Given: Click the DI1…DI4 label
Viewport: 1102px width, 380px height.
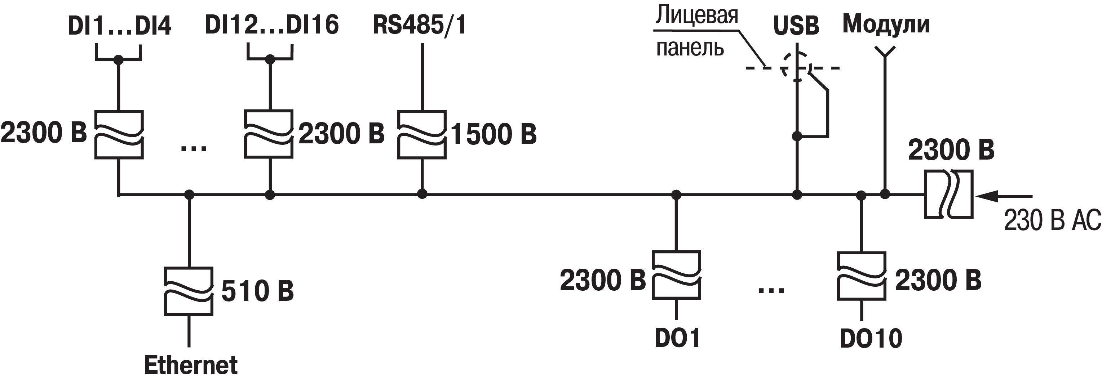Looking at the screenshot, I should pyautogui.click(x=119, y=26).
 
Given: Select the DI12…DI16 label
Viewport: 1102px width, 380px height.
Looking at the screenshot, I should pyautogui.click(x=272, y=25).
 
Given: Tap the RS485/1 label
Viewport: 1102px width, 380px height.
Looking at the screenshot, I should pyautogui.click(x=419, y=25).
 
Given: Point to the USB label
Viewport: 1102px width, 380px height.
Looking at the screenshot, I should pyautogui.click(x=796, y=26).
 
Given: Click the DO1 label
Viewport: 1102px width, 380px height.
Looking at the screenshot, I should pyautogui.click(x=677, y=338).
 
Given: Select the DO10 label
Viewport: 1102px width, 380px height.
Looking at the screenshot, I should pyautogui.click(x=871, y=339).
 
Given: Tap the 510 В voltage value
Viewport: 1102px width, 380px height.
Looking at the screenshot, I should pyautogui.click(x=257, y=291).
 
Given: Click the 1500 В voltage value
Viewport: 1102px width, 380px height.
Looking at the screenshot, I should pyautogui.click(x=494, y=134).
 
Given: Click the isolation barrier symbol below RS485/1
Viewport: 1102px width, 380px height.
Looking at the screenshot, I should pyautogui.click(x=422, y=135).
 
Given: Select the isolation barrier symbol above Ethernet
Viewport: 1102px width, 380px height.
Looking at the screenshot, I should pyautogui.click(x=189, y=291).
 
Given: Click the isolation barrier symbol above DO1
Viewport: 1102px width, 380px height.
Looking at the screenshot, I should pyautogui.click(x=676, y=275).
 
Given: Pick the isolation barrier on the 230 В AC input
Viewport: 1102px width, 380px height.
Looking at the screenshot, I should pyautogui.click(x=948, y=195).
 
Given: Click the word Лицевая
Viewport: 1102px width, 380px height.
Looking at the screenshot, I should pyautogui.click(x=697, y=15).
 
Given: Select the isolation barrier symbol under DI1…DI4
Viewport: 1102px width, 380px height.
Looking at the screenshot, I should pyautogui.click(x=119, y=135).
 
